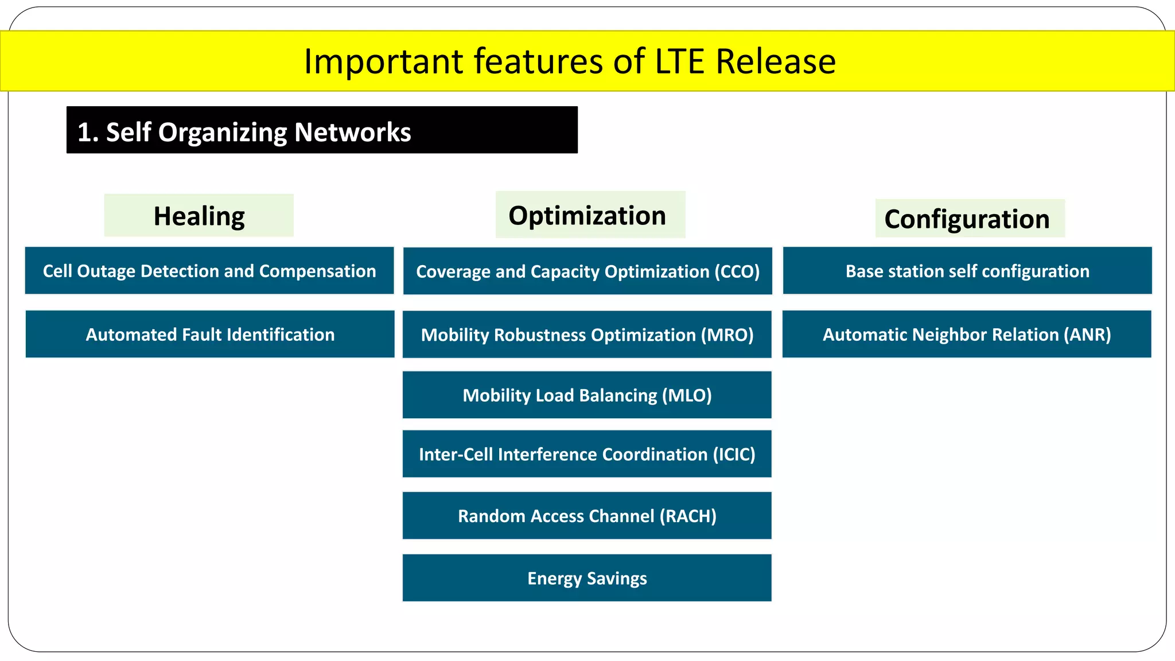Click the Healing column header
[199, 216]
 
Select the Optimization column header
[587, 216]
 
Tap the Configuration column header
[967, 219]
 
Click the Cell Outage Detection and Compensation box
[209, 271]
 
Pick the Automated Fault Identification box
[210, 335]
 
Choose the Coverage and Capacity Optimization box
[587, 271]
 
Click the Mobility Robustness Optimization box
[587, 335]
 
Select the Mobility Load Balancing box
[587, 395]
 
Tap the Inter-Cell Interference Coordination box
[587, 454]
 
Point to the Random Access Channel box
[587, 516]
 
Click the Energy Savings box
[587, 578]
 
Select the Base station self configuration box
[967, 271]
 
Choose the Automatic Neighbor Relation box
[967, 335]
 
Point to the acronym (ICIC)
[734, 454]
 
